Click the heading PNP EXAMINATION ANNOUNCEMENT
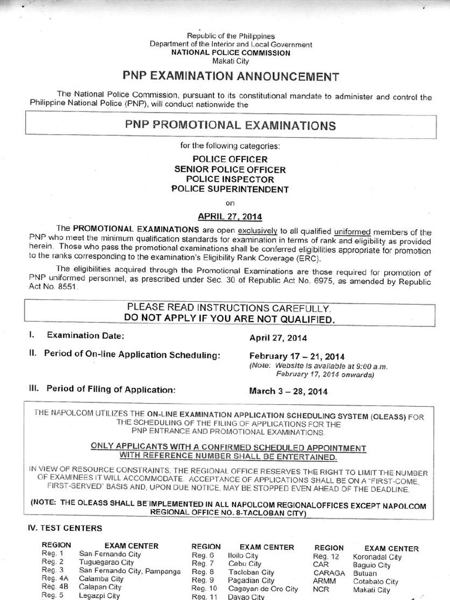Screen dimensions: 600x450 230,76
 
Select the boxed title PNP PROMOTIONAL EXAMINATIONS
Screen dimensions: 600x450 230,125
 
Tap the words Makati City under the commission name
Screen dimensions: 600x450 230,61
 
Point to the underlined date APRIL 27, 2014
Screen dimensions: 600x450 230,215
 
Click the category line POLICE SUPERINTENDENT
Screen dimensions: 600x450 230,189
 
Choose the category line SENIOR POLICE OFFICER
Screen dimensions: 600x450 230,169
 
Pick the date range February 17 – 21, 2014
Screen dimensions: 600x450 297,356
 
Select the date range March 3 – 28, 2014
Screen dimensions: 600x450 288,391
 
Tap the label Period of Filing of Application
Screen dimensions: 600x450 109,390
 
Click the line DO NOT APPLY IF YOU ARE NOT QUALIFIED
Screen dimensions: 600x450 229,319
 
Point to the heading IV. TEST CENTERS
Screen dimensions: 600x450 65,528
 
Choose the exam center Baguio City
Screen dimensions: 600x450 371,565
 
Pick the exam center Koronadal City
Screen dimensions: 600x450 377,557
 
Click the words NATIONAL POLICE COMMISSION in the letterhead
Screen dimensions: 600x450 230,53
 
